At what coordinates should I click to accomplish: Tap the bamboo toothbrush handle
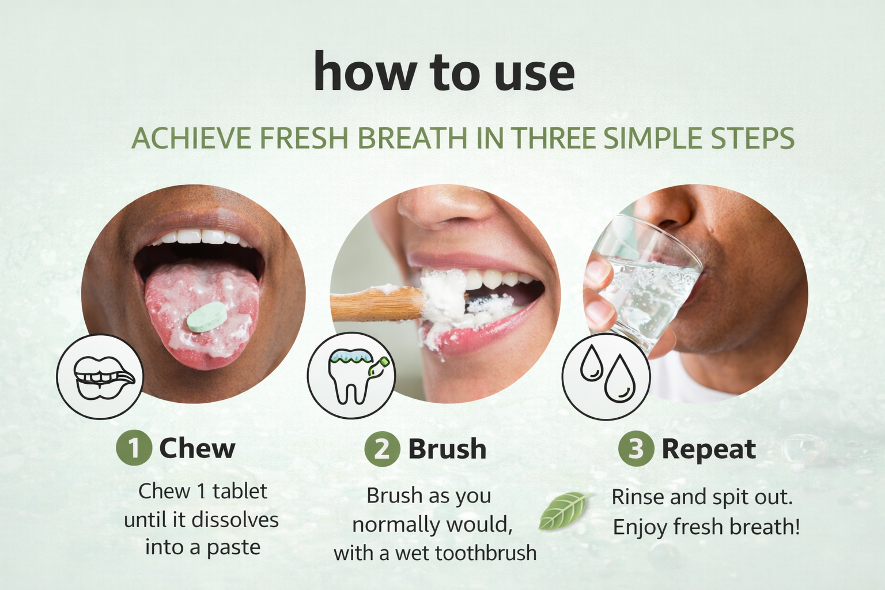[x=375, y=304]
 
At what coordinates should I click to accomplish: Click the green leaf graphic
[x=565, y=510]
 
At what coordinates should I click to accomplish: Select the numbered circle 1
[x=134, y=448]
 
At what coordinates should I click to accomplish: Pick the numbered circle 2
[x=382, y=449]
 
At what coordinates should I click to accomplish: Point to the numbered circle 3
[x=636, y=449]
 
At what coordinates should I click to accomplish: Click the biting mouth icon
[x=100, y=376]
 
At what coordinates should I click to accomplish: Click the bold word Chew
[x=197, y=448]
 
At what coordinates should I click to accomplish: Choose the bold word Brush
[x=447, y=449]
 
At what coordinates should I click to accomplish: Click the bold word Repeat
[x=708, y=449]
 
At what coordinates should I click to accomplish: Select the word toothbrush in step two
[x=485, y=553]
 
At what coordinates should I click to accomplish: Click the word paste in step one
[x=233, y=547]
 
